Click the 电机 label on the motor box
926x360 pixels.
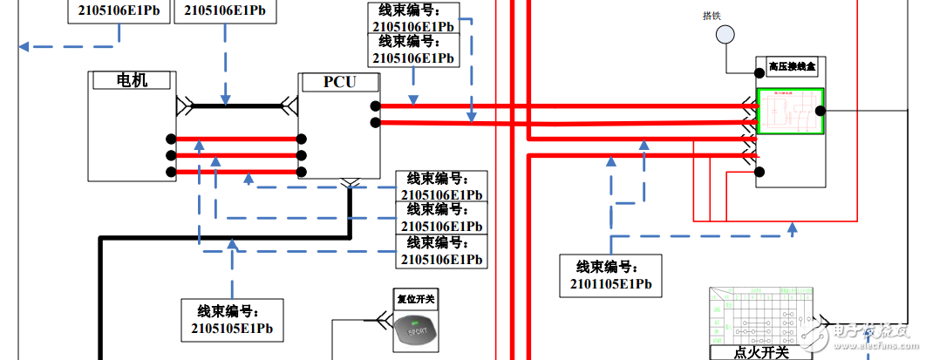click(x=133, y=80)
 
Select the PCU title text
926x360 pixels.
click(x=340, y=82)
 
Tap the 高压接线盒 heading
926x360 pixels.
click(x=790, y=66)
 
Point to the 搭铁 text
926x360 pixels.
click(x=712, y=16)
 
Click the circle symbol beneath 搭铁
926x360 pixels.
click(x=725, y=35)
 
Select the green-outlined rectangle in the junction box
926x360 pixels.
click(x=791, y=112)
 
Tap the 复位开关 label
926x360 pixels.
click(x=415, y=298)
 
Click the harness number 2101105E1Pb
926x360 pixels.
click(x=610, y=284)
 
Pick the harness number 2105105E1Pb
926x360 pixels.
click(x=232, y=329)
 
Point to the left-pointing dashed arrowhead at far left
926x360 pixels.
click(x=25, y=46)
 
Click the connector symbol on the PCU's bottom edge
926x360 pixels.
click(x=350, y=183)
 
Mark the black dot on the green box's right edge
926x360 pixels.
click(x=820, y=111)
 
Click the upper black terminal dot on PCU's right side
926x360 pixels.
click(x=375, y=106)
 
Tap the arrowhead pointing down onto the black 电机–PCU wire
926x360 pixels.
click(x=226, y=99)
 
